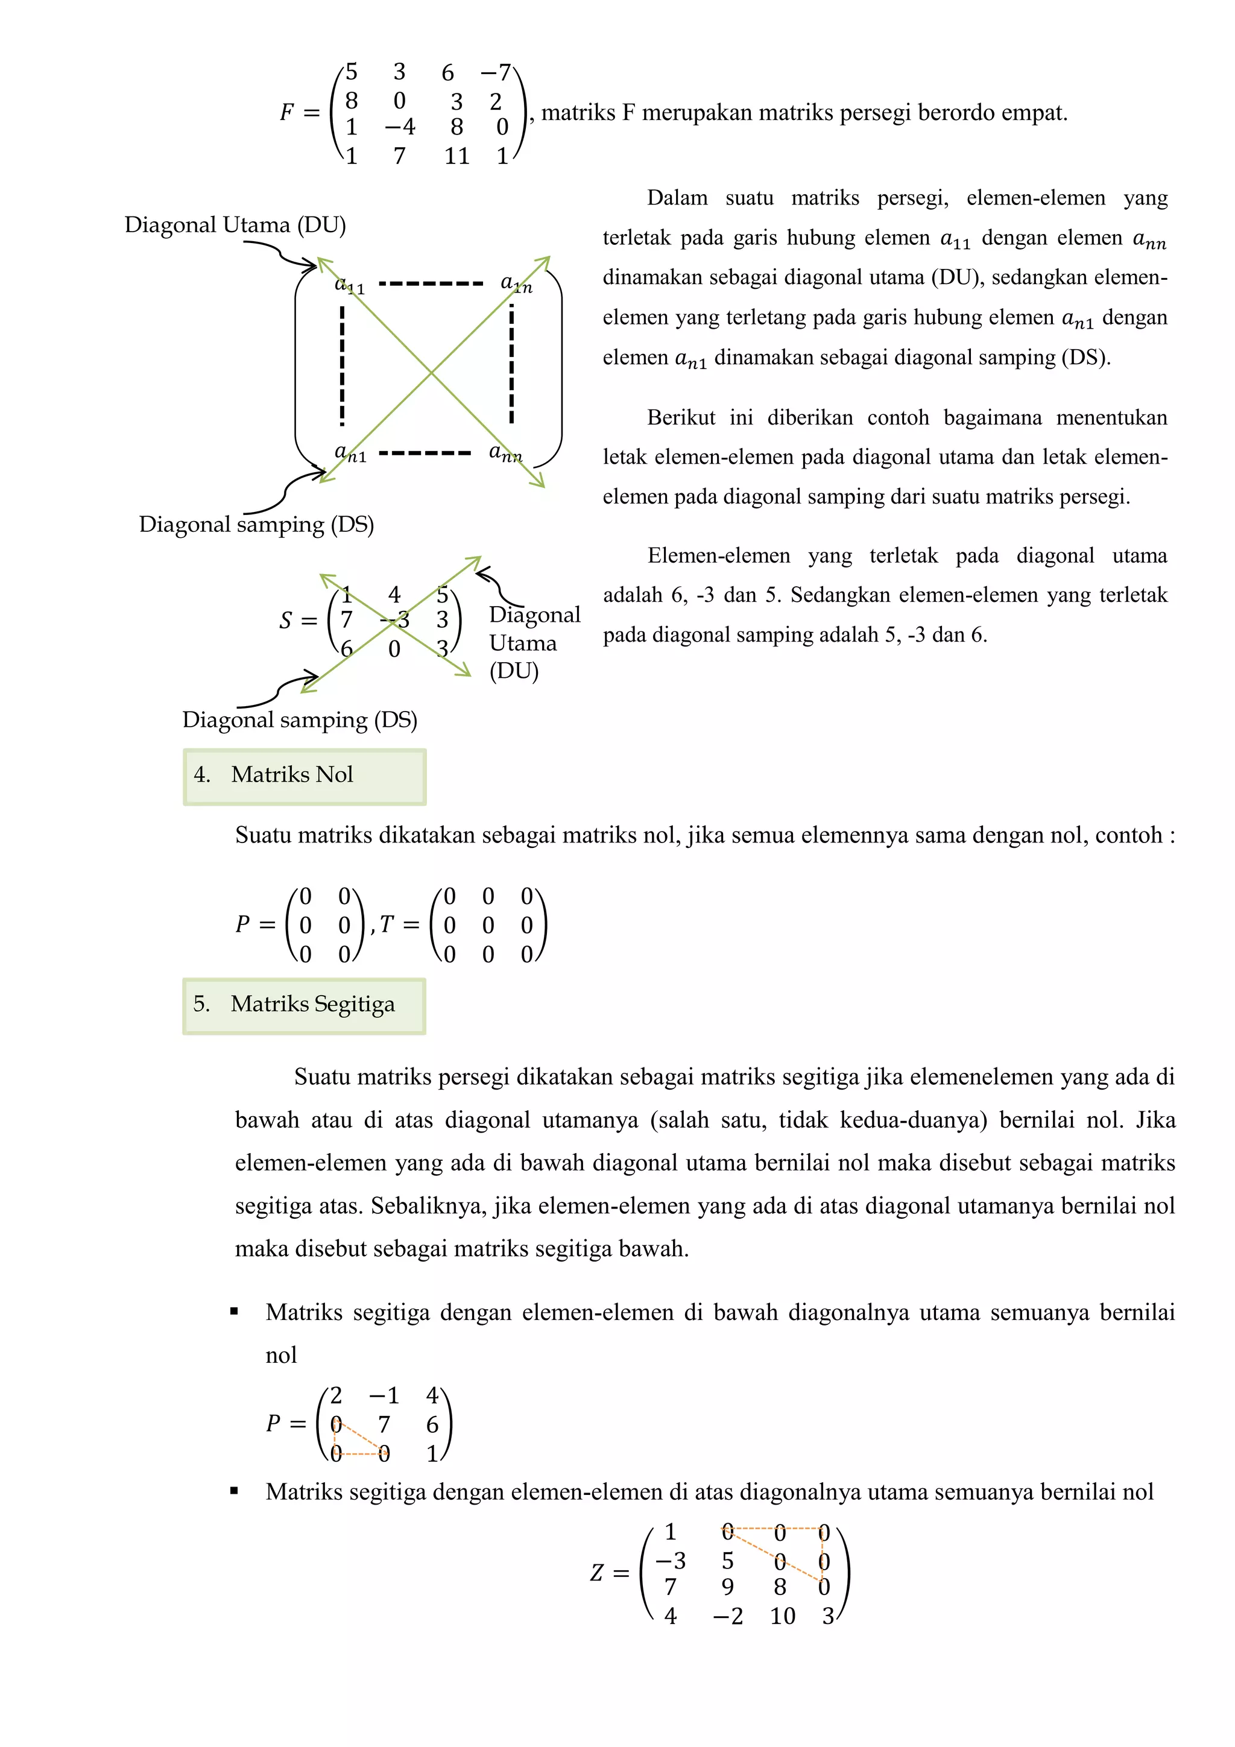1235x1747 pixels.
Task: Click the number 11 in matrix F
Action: (x=456, y=156)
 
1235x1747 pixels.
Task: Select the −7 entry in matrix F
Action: (x=495, y=73)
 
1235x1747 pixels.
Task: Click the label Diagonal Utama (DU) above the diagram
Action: (x=235, y=224)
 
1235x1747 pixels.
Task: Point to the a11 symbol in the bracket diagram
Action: (x=350, y=285)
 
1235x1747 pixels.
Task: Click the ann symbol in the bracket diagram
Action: (x=505, y=453)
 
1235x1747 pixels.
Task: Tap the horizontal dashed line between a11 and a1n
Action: (x=431, y=284)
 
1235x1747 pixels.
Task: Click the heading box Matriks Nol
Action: (x=305, y=776)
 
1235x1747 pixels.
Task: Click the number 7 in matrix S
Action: (x=347, y=620)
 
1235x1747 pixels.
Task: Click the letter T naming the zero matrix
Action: (x=387, y=924)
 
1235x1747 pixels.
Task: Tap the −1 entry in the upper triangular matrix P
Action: (x=384, y=1395)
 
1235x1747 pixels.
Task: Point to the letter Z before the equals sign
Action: (x=598, y=1573)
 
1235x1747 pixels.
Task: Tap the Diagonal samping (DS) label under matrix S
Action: (x=300, y=720)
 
